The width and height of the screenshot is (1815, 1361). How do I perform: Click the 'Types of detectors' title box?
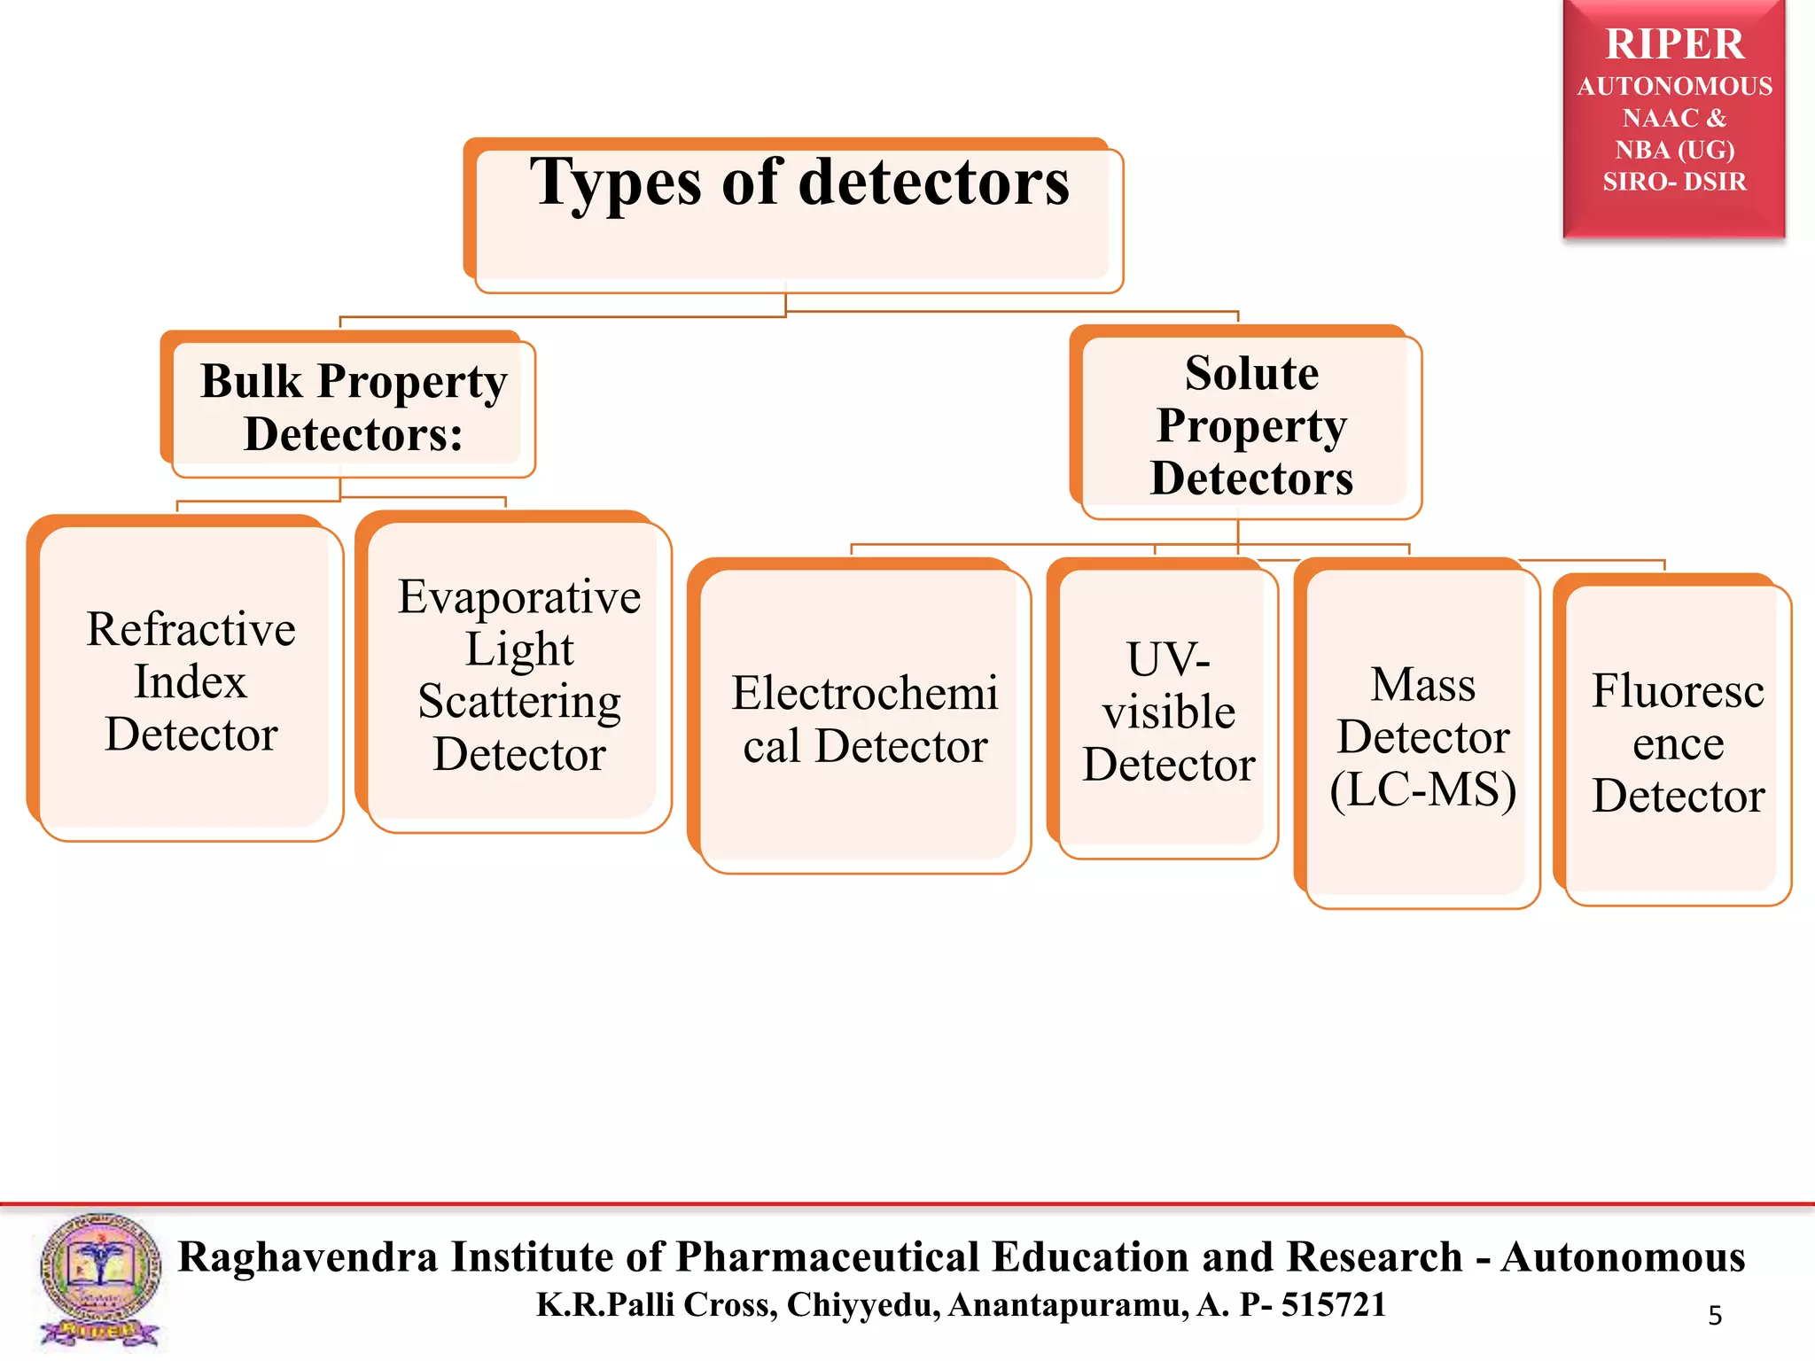click(x=798, y=217)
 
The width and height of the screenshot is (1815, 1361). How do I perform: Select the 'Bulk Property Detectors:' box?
click(x=353, y=408)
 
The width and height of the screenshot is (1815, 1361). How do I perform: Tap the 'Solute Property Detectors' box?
click(x=1250, y=425)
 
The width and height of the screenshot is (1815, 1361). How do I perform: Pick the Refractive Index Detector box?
click(x=190, y=680)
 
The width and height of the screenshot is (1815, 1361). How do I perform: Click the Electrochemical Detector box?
click(x=863, y=719)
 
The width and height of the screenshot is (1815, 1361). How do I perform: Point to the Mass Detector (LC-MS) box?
click(x=1422, y=735)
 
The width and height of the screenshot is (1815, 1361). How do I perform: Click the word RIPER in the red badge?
click(x=1674, y=44)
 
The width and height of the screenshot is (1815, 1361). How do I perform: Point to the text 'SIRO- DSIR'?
click(x=1674, y=182)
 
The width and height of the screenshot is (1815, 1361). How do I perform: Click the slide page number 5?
click(x=1715, y=1315)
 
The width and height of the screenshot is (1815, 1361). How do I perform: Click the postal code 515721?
click(x=1334, y=1305)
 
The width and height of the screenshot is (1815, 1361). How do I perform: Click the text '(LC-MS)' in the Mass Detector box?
click(x=1422, y=789)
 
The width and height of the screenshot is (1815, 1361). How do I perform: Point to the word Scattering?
click(x=519, y=701)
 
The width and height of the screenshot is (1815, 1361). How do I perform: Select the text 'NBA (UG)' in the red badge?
click(x=1674, y=150)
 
